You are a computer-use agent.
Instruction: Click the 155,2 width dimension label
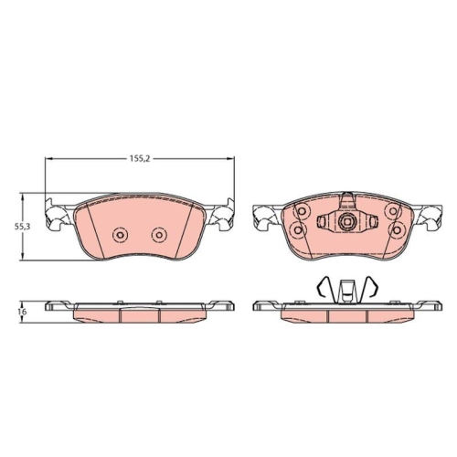pos(140,158)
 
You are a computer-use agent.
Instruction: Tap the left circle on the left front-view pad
pos(120,235)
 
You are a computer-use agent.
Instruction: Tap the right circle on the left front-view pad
pos(159,235)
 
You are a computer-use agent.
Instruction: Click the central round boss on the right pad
pos(346,219)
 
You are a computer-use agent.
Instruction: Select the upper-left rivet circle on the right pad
pos(302,211)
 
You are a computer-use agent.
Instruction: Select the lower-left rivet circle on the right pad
pos(298,229)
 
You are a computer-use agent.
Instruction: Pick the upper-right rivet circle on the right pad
pos(393,211)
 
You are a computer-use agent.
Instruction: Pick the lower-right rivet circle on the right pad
pos(396,229)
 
